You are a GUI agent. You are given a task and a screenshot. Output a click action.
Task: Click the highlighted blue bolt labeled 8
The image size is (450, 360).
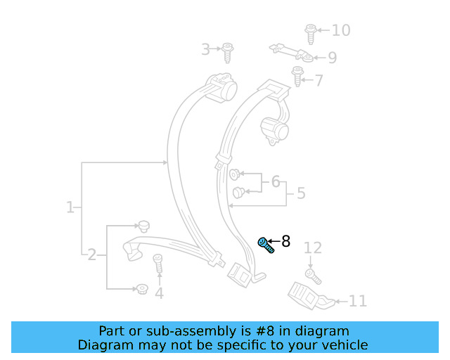tap(265, 245)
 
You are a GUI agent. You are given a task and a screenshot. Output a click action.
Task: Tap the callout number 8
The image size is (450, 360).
tap(285, 242)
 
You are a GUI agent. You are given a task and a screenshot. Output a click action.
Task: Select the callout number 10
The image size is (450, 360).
tap(341, 30)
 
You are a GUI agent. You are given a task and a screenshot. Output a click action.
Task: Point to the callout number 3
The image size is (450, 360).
tap(205, 49)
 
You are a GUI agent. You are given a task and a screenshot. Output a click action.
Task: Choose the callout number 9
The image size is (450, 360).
tap(332, 58)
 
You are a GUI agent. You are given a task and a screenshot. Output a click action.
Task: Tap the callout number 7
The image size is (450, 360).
tap(319, 81)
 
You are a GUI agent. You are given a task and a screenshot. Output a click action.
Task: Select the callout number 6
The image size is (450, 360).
tap(276, 183)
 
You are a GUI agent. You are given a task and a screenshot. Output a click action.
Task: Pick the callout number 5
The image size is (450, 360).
tap(300, 193)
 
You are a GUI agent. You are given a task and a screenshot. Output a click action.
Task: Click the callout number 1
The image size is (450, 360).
tap(70, 208)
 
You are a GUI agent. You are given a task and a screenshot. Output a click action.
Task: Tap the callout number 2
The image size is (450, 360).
tap(91, 255)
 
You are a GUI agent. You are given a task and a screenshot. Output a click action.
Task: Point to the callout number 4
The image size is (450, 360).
tap(159, 293)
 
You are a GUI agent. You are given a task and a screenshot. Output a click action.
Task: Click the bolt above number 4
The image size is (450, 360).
tap(158, 264)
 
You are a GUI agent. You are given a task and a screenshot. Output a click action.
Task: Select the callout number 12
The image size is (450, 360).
tap(312, 247)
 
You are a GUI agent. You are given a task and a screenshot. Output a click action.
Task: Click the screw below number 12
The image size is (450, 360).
tap(312, 275)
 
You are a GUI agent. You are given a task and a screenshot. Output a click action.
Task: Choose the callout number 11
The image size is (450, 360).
tap(358, 302)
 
